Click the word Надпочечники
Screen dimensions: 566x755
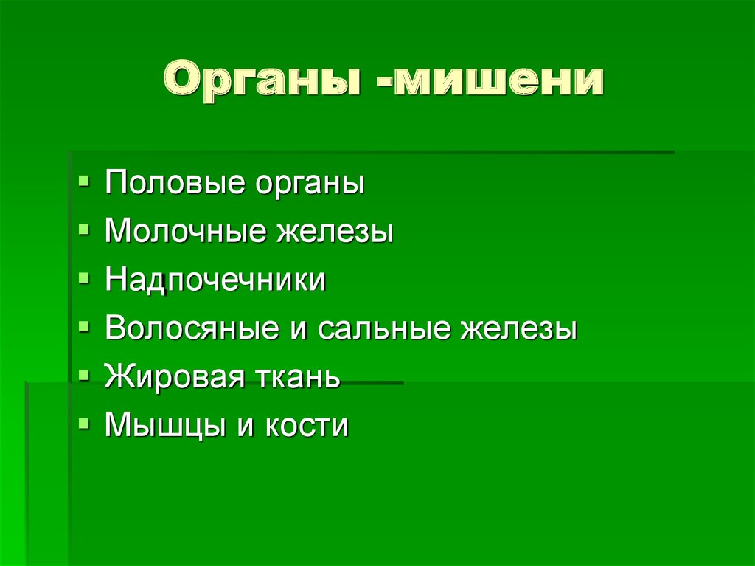tap(215, 280)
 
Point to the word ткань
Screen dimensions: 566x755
tap(297, 377)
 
